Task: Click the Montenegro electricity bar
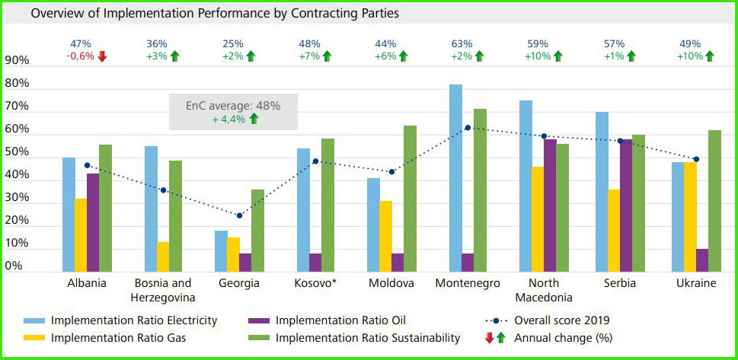tap(455, 178)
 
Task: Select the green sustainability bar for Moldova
tap(410, 199)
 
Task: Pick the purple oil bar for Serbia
tap(626, 205)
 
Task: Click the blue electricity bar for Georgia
tap(221, 251)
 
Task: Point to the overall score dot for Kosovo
tap(315, 161)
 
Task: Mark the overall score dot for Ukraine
tap(696, 159)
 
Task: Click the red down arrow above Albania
tap(102, 56)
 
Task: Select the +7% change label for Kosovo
tap(309, 56)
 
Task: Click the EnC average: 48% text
tap(233, 106)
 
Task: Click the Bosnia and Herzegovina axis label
tap(163, 290)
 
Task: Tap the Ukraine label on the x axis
tap(696, 283)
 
